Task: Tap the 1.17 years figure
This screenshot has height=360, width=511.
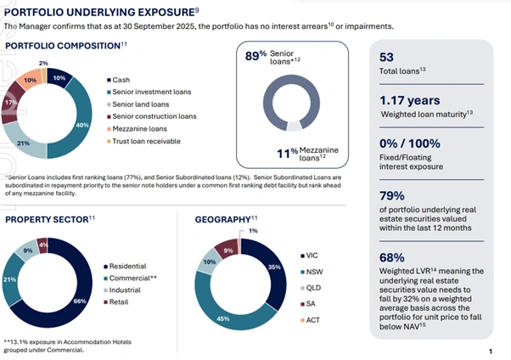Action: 408,101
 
